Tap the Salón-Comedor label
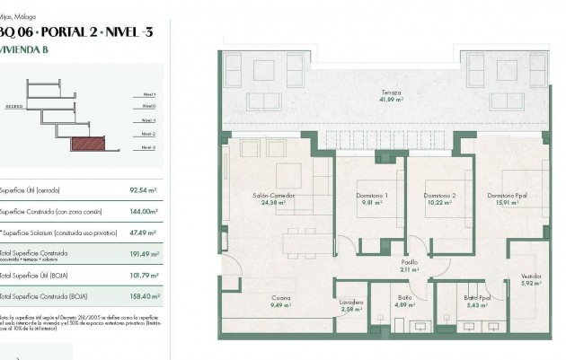point(274,196)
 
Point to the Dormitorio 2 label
point(439,196)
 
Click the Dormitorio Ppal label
point(508,196)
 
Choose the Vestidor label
point(531,277)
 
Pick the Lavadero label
point(352,303)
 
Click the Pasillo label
point(410,261)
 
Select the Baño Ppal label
point(477,297)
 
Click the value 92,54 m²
point(144,190)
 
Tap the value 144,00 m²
point(143,212)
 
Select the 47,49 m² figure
point(144,233)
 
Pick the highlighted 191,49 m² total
point(143,254)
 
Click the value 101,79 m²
point(143,275)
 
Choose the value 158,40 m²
point(143,296)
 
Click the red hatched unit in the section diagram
point(89,142)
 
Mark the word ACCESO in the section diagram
point(14,104)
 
